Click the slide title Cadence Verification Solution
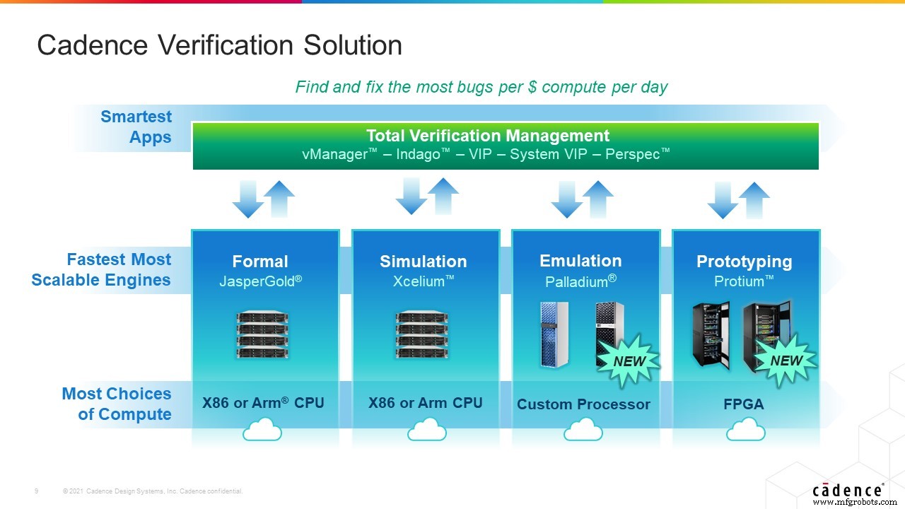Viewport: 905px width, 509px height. click(219, 45)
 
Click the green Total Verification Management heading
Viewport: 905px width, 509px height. click(488, 136)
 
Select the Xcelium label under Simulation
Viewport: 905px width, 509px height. click(423, 281)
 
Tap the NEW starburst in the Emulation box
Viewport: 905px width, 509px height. click(628, 361)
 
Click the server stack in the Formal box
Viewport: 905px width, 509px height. click(262, 336)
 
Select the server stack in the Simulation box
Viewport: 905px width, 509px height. click(423, 336)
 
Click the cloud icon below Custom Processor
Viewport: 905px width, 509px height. click(583, 430)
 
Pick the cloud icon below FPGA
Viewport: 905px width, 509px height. click(745, 430)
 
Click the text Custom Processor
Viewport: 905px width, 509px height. click(583, 404)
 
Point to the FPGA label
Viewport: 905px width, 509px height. click(745, 404)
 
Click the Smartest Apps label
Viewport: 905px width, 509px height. click(137, 127)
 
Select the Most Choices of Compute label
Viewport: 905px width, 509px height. click(117, 404)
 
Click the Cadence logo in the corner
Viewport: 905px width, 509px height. click(847, 490)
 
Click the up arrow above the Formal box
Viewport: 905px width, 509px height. click(280, 197)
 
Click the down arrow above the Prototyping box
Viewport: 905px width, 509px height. click(723, 200)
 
